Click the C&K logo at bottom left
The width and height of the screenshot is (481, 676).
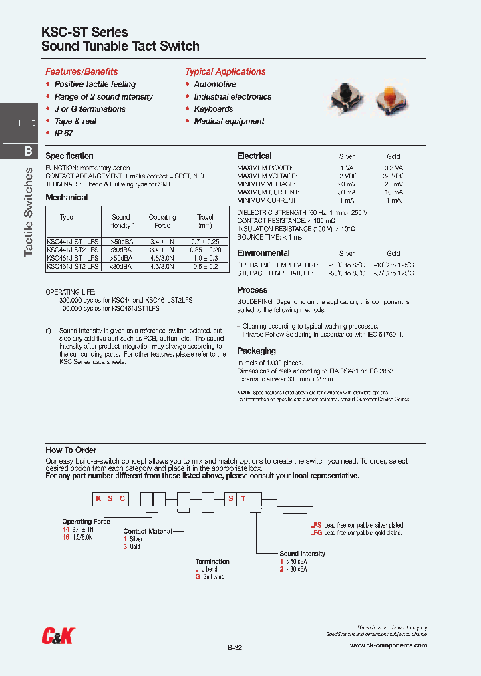click(x=58, y=635)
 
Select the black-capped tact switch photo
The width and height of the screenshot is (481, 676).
click(x=346, y=97)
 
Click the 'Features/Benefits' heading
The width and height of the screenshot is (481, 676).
click(x=82, y=71)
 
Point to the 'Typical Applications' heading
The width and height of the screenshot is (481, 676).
click(x=225, y=71)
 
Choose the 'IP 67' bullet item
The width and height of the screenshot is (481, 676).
click(x=63, y=133)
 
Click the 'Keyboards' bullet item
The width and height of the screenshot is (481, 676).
click(x=213, y=108)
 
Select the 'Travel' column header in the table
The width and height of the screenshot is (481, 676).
click(x=205, y=217)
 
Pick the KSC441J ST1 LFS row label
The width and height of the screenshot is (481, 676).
click(x=72, y=240)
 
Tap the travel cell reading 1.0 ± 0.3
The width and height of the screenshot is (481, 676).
click(x=205, y=257)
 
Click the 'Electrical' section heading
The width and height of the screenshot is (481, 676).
click(x=255, y=156)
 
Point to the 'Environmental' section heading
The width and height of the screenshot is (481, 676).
click(x=263, y=253)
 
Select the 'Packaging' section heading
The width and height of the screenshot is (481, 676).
click(x=257, y=351)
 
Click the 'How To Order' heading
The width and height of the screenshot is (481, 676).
click(x=71, y=450)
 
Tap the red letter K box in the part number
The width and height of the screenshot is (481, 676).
click(x=98, y=498)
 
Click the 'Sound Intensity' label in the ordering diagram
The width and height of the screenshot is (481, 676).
click(x=302, y=553)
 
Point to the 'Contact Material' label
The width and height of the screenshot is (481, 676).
click(x=148, y=531)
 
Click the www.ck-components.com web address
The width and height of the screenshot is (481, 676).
click(x=388, y=645)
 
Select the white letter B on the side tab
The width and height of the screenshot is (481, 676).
click(x=28, y=151)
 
